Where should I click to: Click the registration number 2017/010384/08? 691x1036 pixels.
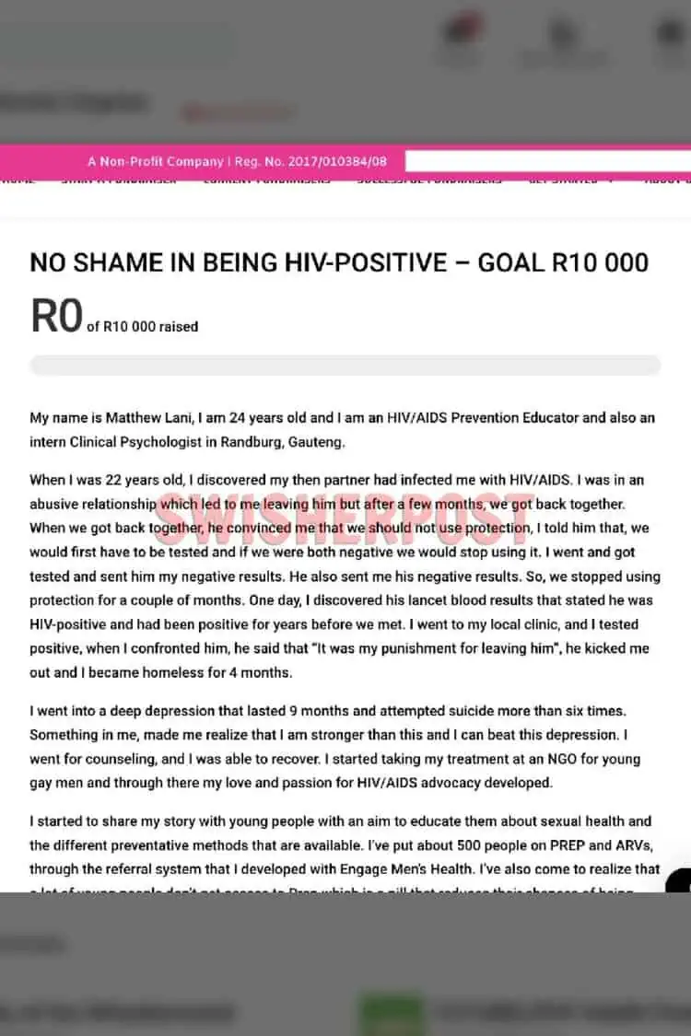pyautogui.click(x=336, y=161)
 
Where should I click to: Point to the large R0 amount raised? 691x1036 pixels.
pyautogui.click(x=56, y=317)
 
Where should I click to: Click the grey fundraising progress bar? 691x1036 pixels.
pyautogui.click(x=345, y=365)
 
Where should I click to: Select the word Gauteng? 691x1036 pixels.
pyautogui.click(x=314, y=441)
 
